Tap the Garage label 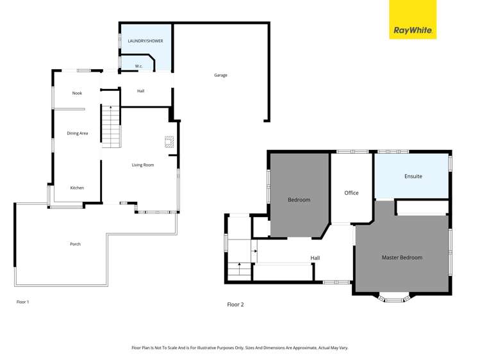[220, 76]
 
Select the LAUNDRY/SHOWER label [145, 41]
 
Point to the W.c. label [138, 66]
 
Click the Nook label [77, 94]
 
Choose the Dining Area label [78, 133]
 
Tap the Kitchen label [77, 188]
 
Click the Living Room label [143, 165]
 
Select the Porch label [75, 244]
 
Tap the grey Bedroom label [299, 200]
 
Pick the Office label [351, 193]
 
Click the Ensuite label [413, 176]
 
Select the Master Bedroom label [402, 258]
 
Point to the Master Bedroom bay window [393, 298]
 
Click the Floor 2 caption [235, 305]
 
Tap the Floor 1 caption [22, 302]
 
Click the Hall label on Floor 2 [315, 258]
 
